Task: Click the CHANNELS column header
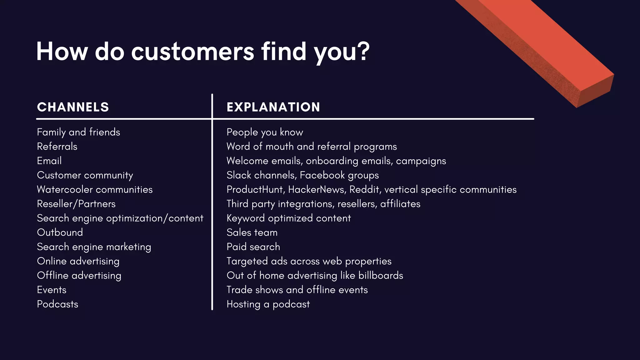coord(73,107)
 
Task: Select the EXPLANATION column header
coord(273,107)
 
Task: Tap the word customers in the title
coord(192,52)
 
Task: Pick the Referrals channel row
coord(57,147)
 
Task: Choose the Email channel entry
coord(49,161)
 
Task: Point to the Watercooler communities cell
coord(95,190)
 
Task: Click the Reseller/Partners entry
coord(76,204)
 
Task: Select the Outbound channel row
coord(60,232)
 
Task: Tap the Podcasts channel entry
coord(57,304)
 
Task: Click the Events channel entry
coord(52,290)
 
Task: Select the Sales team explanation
coord(252,232)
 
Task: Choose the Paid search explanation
coord(253,247)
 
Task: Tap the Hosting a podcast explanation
coord(268,304)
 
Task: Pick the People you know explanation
coord(265,132)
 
